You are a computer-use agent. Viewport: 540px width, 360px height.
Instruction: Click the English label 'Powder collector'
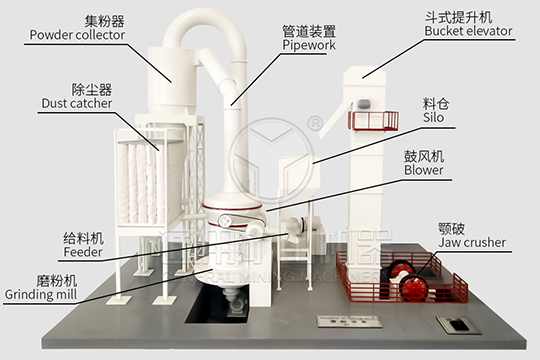pyautogui.click(x=77, y=35)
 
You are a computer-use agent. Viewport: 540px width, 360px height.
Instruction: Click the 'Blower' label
pyautogui.click(x=424, y=170)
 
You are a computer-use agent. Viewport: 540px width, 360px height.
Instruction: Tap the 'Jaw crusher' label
pyautogui.click(x=472, y=242)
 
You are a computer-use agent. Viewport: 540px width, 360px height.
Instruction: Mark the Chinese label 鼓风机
pyautogui.click(x=424, y=155)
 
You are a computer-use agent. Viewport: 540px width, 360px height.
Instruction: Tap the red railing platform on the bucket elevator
pyautogui.click(x=371, y=120)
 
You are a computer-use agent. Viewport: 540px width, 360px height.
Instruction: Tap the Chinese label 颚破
pyautogui.click(x=452, y=227)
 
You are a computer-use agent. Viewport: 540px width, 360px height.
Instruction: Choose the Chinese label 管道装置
pyautogui.click(x=309, y=30)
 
